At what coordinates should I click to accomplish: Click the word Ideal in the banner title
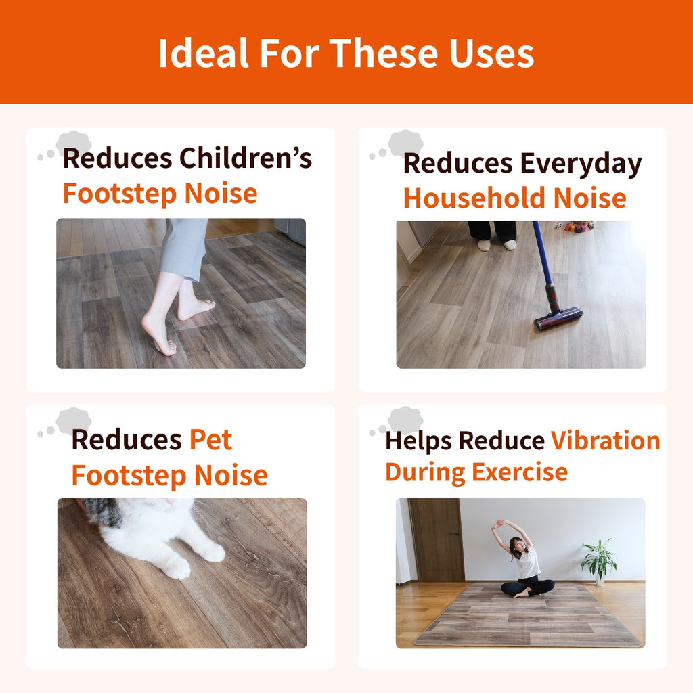pos(204,53)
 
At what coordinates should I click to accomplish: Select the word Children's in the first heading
pos(246,158)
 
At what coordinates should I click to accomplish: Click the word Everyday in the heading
pos(581,164)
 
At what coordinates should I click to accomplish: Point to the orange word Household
pos(474,198)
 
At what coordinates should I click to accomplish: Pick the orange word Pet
pos(211,439)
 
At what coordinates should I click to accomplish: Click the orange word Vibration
pos(605,441)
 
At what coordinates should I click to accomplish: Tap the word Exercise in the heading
pos(520,472)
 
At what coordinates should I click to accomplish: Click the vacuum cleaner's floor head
pos(558,318)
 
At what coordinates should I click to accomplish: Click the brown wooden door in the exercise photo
pos(437,539)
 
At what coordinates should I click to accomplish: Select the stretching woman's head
pos(516,545)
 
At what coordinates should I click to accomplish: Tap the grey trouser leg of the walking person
pos(184,249)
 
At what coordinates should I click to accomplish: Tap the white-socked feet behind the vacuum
pos(497,244)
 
